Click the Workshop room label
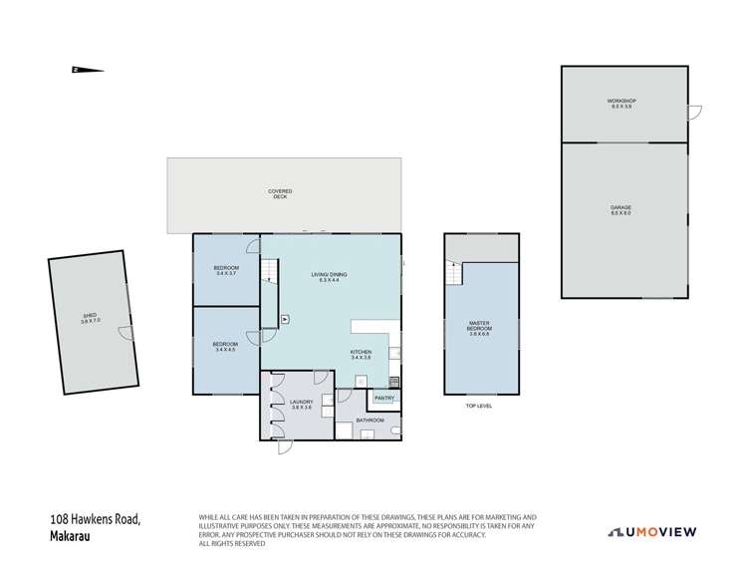click(x=622, y=103)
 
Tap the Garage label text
click(x=622, y=209)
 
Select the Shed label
click(x=91, y=319)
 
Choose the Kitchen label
click(x=361, y=355)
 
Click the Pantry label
click(x=384, y=398)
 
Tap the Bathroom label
click(x=370, y=421)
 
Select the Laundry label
click(x=302, y=405)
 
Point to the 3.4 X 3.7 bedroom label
click(x=225, y=271)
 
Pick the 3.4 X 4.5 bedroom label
click(x=225, y=347)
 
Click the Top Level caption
click(x=479, y=406)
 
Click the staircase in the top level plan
click(x=454, y=271)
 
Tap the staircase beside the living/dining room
click(x=269, y=269)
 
